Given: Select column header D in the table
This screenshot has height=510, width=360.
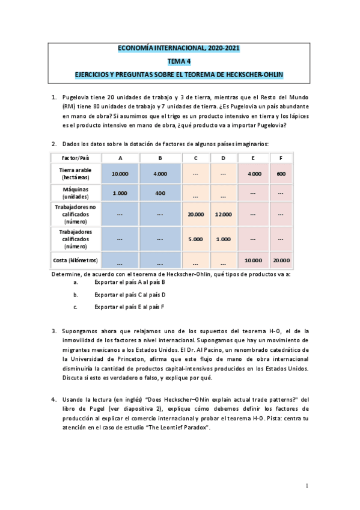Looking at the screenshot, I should pos(223,158).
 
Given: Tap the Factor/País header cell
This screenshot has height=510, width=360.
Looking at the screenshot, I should pos(76,158).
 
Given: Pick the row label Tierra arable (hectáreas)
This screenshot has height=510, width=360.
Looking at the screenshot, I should pos(76,173).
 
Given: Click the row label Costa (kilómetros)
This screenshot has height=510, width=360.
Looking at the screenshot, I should pos(76,260).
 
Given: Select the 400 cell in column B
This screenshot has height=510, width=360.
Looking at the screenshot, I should pos(160,193).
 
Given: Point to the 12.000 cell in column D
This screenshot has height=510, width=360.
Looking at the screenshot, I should pos(223,215).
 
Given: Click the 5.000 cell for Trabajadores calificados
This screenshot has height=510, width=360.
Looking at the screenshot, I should pos(195,239).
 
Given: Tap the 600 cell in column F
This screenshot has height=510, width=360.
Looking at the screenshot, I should pos(281,173).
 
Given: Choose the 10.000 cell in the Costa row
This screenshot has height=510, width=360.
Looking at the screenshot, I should pos(252,260).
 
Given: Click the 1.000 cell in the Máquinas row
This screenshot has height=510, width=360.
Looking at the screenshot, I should pos(120,193).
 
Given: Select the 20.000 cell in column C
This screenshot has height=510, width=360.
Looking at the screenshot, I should pos(195,215).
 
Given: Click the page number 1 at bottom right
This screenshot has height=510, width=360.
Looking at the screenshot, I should pos(307,485).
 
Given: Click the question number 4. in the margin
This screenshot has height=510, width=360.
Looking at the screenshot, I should pos(54,399).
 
